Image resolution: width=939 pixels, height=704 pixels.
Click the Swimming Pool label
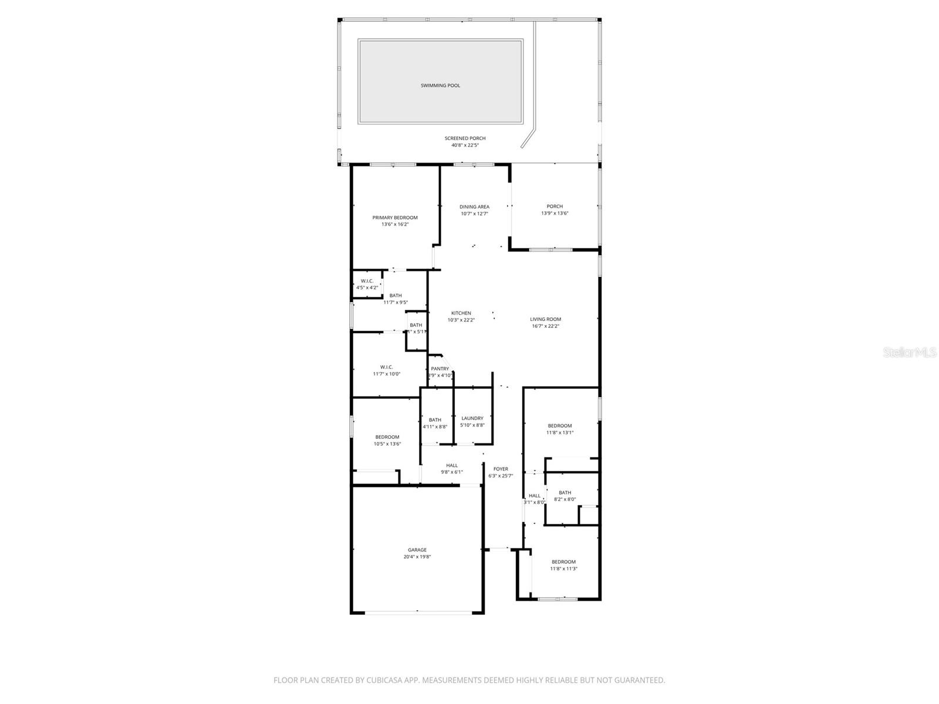(x=440, y=86)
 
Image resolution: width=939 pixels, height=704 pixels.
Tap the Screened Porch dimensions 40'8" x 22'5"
(x=465, y=145)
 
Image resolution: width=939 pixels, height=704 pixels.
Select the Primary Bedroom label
(x=395, y=218)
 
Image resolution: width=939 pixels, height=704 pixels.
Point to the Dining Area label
(x=474, y=207)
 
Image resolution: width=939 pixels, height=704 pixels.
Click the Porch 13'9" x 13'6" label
(x=555, y=207)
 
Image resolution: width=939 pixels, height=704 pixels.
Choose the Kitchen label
(x=461, y=313)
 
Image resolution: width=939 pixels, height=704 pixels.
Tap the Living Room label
(x=545, y=320)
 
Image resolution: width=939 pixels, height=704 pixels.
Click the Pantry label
(x=440, y=369)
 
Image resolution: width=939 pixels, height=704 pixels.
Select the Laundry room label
(x=472, y=418)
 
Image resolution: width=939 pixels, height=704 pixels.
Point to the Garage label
(x=417, y=550)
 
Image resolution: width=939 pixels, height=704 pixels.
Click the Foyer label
(x=501, y=469)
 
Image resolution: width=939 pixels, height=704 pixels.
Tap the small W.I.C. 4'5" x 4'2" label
(x=367, y=281)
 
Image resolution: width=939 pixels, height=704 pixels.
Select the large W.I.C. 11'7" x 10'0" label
(x=386, y=367)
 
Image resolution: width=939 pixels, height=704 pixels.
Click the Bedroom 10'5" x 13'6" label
(x=387, y=437)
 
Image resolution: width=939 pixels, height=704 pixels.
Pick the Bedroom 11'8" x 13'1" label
(x=560, y=426)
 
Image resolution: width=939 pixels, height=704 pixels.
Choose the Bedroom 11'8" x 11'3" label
(x=563, y=562)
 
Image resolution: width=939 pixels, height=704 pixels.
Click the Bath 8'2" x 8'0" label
(x=565, y=493)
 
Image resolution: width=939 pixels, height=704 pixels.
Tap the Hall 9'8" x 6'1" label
(x=452, y=466)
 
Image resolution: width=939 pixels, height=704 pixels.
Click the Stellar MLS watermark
(x=910, y=353)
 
